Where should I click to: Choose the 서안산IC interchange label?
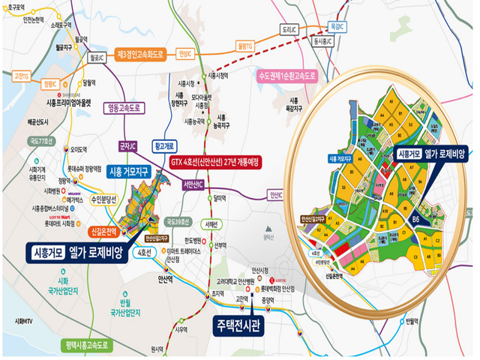coord(194,184)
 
